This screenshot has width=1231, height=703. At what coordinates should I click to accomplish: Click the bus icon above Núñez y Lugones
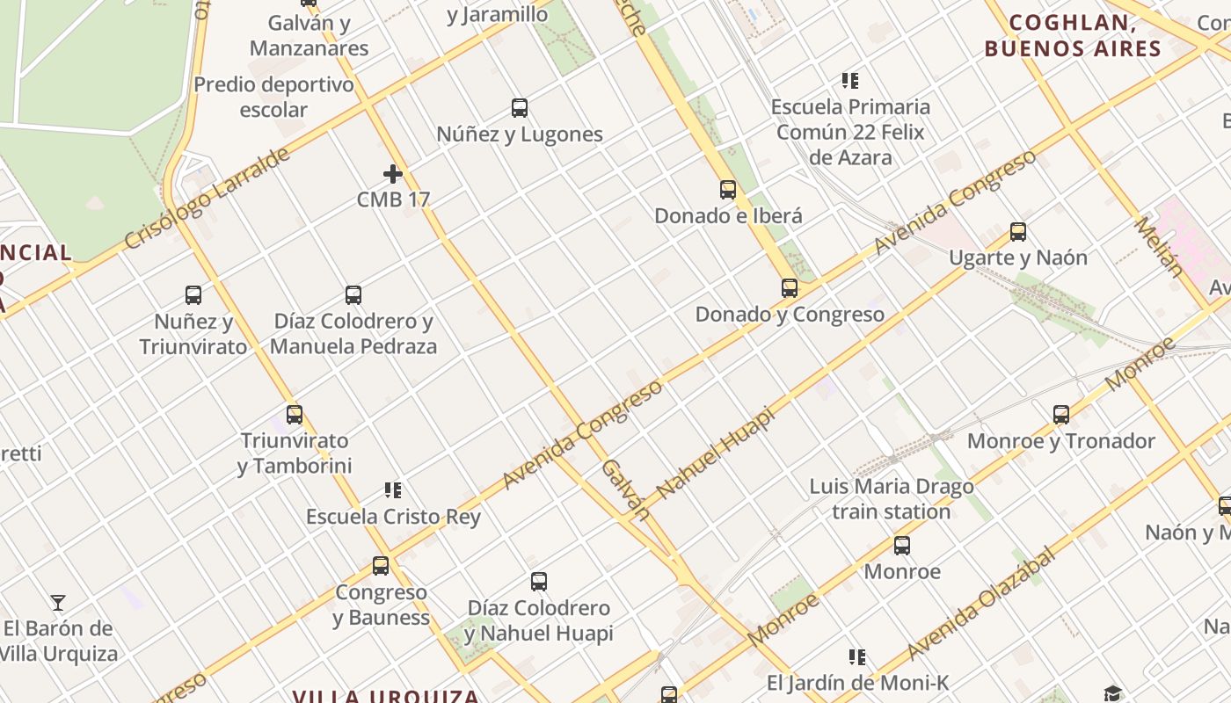(x=520, y=108)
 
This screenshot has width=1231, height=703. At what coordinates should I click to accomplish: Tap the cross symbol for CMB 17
(x=393, y=174)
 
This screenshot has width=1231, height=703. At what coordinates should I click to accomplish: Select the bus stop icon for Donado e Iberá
(x=728, y=189)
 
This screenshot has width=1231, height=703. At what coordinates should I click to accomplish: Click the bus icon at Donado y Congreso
(x=790, y=287)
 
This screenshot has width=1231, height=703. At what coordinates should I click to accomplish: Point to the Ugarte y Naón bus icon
(x=1018, y=232)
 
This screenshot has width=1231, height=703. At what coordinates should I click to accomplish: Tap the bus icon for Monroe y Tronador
(x=1061, y=415)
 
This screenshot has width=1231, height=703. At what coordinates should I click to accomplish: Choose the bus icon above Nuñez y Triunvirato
(x=193, y=295)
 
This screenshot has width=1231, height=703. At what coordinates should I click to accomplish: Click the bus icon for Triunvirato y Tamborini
(x=295, y=415)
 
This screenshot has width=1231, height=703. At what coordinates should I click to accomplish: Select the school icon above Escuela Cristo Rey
(x=393, y=490)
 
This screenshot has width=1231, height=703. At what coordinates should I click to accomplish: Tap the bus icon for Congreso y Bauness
(x=381, y=566)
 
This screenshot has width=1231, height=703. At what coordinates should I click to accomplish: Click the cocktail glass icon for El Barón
(x=58, y=603)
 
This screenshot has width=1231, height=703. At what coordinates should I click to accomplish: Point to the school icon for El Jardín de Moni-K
(x=857, y=656)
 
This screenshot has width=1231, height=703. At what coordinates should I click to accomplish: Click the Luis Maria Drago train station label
(x=892, y=499)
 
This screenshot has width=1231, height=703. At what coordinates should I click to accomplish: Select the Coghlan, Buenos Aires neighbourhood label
(x=1073, y=36)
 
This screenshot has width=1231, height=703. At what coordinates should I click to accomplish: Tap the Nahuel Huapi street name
(x=714, y=454)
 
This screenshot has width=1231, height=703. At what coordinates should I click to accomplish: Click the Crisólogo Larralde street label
(x=208, y=199)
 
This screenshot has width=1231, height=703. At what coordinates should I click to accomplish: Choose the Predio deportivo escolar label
(x=273, y=97)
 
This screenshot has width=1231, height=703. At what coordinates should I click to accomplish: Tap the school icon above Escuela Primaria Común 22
(x=850, y=81)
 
